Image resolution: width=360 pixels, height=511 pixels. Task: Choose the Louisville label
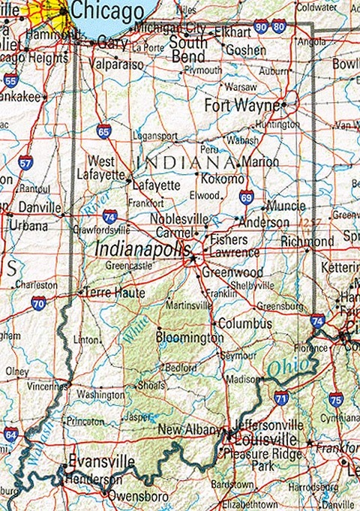pos(266,439)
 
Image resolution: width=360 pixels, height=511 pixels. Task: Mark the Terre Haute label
pos(115,293)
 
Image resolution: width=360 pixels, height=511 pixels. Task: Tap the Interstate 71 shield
pos(281,397)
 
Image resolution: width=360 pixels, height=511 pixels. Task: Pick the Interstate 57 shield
pos(25,162)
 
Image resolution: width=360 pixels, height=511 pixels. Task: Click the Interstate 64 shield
pos(10,434)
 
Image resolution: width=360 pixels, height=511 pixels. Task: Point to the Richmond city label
pos(307,242)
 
